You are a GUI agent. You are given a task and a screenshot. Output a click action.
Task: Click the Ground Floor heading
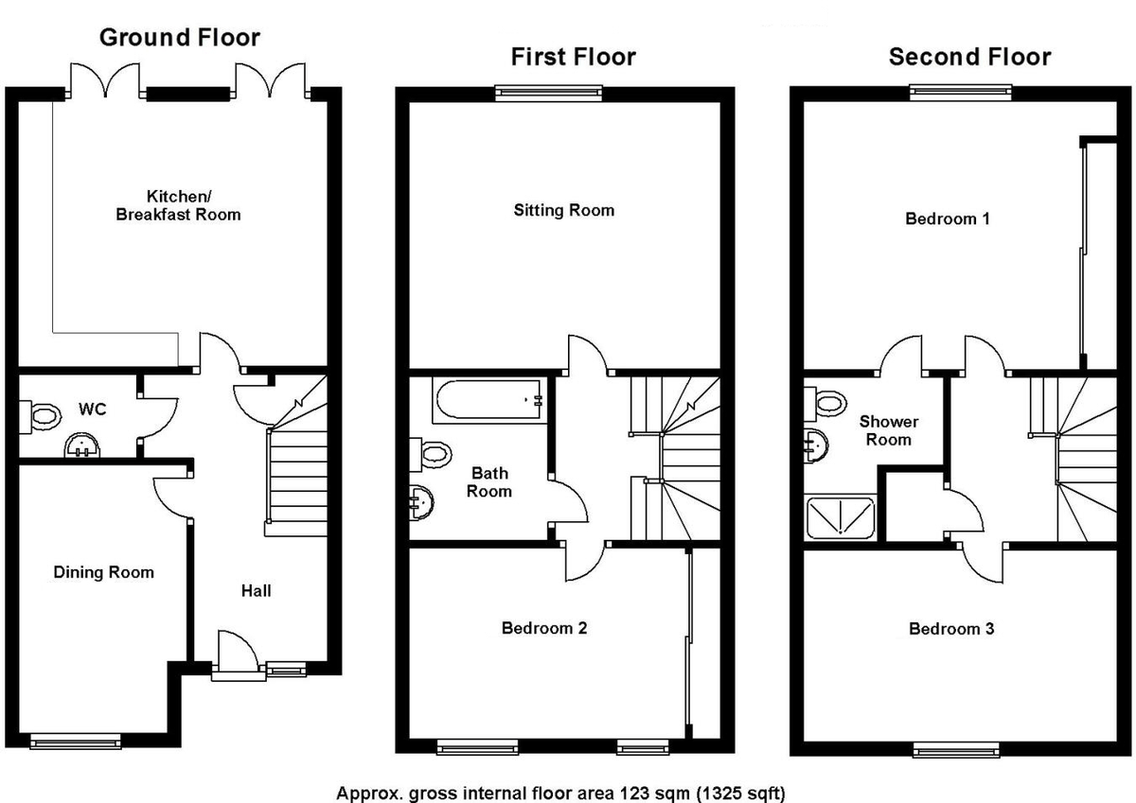179,38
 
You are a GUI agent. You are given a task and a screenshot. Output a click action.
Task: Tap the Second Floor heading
969,57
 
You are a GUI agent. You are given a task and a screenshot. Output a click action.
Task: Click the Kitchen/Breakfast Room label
178,205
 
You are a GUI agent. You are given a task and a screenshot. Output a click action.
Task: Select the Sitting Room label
563,210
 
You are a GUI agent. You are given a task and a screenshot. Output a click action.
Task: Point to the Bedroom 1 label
948,218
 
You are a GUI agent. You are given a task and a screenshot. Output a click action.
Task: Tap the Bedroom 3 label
951,628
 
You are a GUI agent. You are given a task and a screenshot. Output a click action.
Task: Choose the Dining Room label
103,572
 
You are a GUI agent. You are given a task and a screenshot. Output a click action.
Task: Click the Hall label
256,590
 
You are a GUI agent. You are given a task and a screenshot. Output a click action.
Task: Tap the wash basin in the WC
82,445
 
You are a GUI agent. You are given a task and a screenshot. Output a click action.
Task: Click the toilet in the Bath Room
432,454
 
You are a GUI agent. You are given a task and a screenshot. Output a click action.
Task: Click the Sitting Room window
548,92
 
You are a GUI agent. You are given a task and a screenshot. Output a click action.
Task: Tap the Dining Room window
76,742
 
